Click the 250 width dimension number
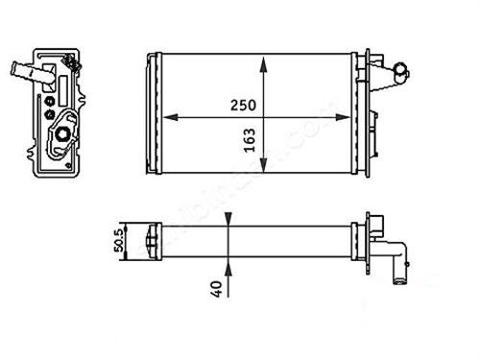(x=242, y=106)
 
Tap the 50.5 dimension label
(x=121, y=236)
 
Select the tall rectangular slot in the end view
(x=63, y=90)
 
